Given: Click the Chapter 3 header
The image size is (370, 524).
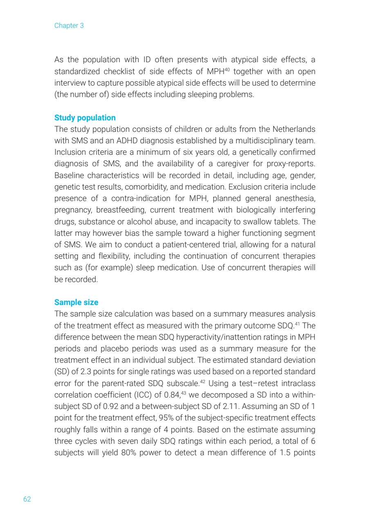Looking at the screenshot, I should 69,26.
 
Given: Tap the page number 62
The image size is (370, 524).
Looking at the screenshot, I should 27,499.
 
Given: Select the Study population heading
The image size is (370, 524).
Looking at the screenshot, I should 85,118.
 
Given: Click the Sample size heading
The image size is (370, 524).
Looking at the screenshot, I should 76,303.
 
